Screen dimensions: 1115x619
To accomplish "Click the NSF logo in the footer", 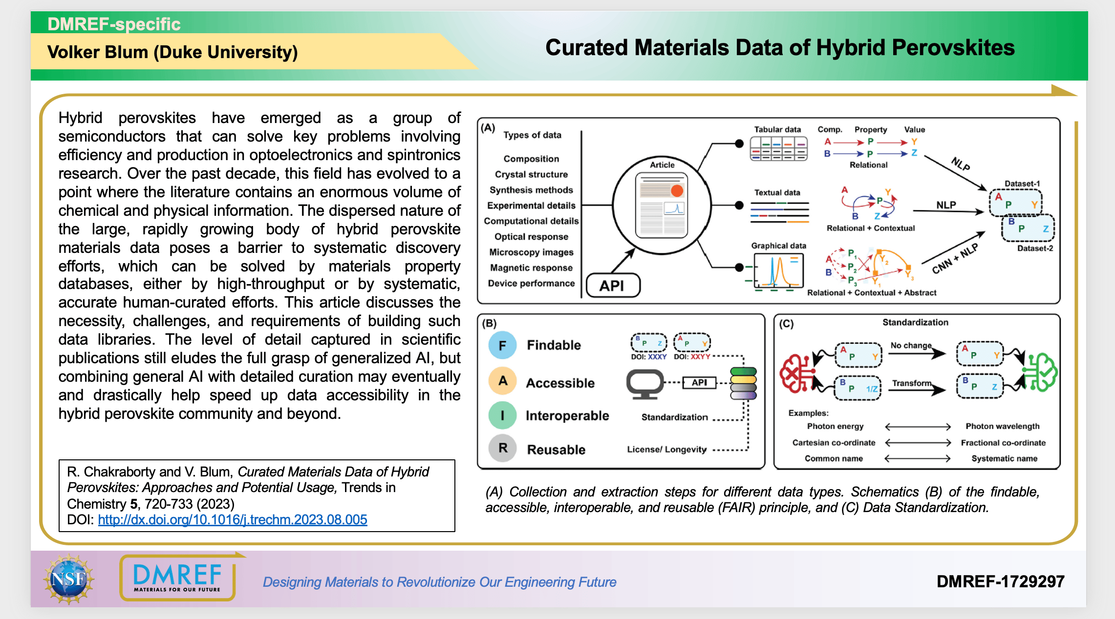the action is click(x=68, y=579).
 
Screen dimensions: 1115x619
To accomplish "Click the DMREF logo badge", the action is click(x=178, y=578).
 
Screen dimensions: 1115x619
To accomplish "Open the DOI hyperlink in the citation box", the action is click(x=233, y=519).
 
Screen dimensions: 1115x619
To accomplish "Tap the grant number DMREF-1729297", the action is click(x=1000, y=581).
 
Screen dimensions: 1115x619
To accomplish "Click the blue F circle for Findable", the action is click(x=502, y=345).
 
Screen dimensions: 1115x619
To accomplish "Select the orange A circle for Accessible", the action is click(x=503, y=381).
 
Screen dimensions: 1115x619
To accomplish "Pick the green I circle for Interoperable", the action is click(x=502, y=415).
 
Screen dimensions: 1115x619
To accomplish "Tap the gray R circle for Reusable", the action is click(x=503, y=448).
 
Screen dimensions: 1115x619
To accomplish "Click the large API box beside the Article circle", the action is click(x=613, y=286).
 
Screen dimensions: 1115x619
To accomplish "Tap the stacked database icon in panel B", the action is click(x=743, y=384).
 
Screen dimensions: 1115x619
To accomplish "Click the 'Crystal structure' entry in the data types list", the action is click(x=531, y=174).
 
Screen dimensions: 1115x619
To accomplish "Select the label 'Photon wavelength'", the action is click(x=1003, y=426).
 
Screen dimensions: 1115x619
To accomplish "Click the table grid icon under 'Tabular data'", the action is click(x=778, y=148).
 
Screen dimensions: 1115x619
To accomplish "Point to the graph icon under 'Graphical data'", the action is click(x=778, y=271).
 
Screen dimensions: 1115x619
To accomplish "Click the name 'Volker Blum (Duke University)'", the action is click(x=172, y=52).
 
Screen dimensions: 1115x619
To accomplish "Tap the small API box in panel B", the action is click(x=699, y=383).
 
